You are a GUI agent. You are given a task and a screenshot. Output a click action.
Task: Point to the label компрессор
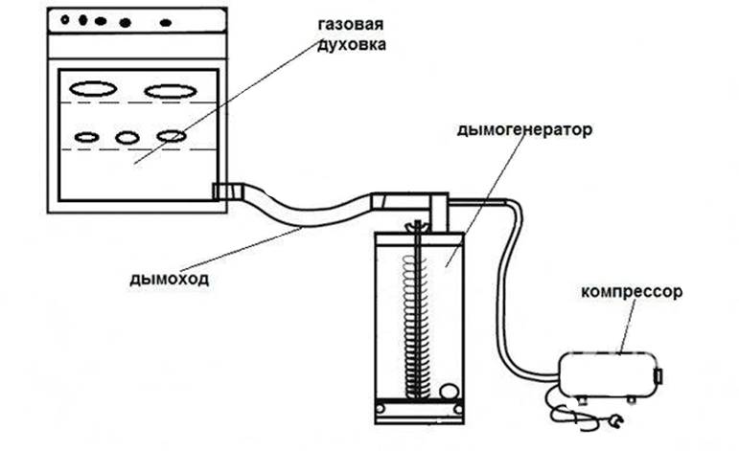point(632,292)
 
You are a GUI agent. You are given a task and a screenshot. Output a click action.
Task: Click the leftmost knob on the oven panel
point(66,18)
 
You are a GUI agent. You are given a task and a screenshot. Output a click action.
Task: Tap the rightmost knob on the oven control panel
point(166,20)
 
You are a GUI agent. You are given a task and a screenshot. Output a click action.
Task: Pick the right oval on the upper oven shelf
point(169,91)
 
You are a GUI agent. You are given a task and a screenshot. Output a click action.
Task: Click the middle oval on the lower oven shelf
point(127,137)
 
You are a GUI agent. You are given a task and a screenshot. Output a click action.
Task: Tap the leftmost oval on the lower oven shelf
point(86,137)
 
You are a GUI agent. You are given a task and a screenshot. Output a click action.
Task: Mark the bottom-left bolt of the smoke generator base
point(383,411)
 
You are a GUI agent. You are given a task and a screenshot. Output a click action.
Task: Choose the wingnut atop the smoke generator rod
point(415,227)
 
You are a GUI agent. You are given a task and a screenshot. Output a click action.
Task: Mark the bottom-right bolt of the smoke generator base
point(452,411)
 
